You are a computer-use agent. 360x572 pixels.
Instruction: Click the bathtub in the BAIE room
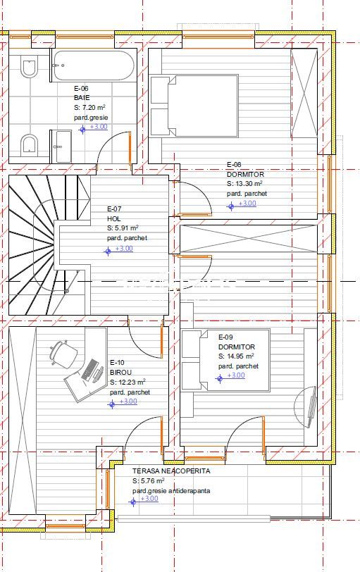tap(94, 66)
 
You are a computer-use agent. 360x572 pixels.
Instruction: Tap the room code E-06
tap(81, 88)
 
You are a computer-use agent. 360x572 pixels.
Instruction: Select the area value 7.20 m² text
tap(94, 107)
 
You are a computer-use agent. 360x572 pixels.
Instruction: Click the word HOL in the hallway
tap(113, 219)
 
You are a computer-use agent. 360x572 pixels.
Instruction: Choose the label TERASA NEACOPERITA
tap(171, 471)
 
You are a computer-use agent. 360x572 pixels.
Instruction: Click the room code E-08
tap(234, 165)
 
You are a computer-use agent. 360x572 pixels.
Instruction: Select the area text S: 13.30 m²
tap(244, 184)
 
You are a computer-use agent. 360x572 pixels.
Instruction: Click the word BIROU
tap(120, 373)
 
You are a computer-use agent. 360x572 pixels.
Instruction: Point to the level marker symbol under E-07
tap(108, 251)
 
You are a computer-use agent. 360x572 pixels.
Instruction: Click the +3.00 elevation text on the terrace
tap(149, 498)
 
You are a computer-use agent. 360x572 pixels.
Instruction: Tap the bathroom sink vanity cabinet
tap(61, 147)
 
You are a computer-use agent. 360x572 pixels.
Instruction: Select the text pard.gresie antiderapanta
tap(171, 491)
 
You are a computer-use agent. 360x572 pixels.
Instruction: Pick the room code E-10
tap(117, 363)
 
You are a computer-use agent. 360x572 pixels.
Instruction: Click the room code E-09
tap(225, 337)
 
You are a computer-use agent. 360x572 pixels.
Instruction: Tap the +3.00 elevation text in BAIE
tap(99, 127)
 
